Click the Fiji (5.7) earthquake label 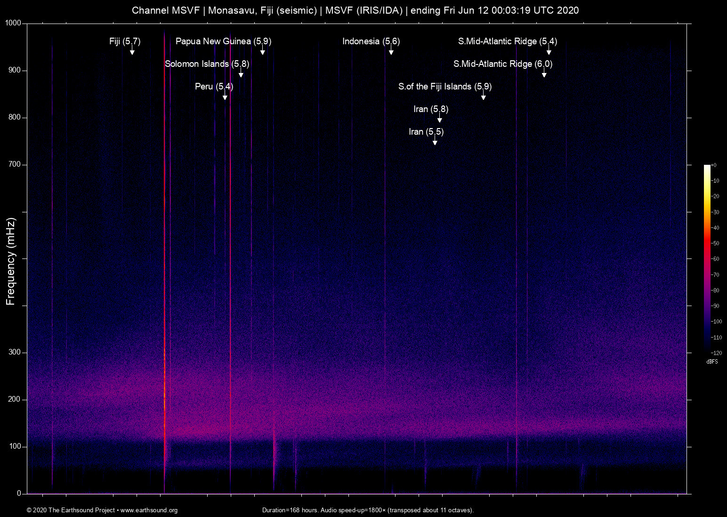pyautogui.click(x=125, y=41)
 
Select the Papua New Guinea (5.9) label pyautogui.click(x=223, y=41)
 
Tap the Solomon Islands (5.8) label pyautogui.click(x=207, y=64)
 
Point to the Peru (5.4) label pyautogui.click(x=214, y=87)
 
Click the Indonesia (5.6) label pyautogui.click(x=371, y=41)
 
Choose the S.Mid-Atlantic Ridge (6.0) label pyautogui.click(x=503, y=64)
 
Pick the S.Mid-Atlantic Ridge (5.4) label pyautogui.click(x=508, y=41)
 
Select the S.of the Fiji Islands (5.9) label pyautogui.click(x=445, y=87)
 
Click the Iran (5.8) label pyautogui.click(x=431, y=109)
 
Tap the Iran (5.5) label pyautogui.click(x=426, y=132)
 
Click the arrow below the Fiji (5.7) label pyautogui.click(x=132, y=51)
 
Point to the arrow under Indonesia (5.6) pyautogui.click(x=391, y=51)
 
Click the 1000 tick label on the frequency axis pyautogui.click(x=14, y=23)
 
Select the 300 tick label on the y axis pyautogui.click(x=15, y=352)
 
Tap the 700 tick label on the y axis pyautogui.click(x=15, y=164)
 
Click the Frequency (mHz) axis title pyautogui.click(x=11, y=261)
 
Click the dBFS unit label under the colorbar pyautogui.click(x=712, y=362)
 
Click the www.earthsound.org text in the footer pyautogui.click(x=149, y=510)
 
